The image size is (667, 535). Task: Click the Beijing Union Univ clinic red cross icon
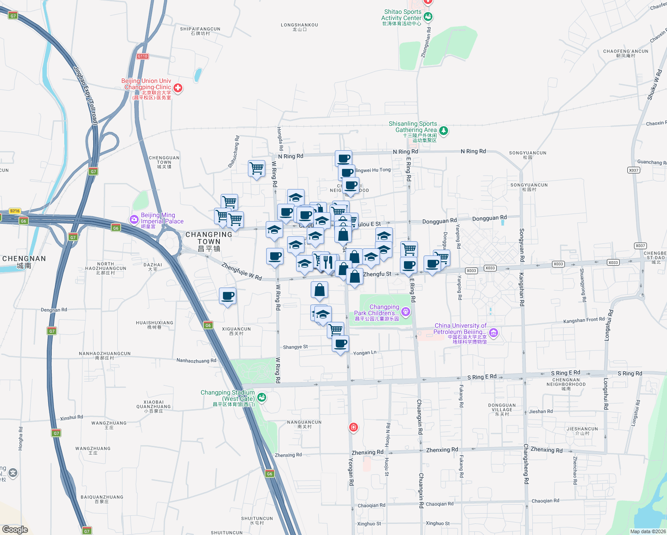point(177,88)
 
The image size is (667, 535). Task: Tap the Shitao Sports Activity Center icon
point(428,17)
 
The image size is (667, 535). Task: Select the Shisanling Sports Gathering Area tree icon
point(443,131)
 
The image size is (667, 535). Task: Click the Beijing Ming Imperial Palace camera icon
point(134,219)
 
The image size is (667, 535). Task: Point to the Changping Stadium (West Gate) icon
point(262,397)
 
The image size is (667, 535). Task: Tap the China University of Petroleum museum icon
point(493,333)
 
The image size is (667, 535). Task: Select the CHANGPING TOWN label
point(209,241)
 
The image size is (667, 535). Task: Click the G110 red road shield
point(143,56)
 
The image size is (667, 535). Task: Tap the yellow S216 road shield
point(15,211)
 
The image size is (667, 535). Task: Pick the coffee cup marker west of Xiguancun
point(227,296)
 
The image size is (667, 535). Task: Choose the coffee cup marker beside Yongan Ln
point(341,344)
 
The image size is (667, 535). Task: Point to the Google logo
point(15,530)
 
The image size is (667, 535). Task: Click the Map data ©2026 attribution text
point(647,531)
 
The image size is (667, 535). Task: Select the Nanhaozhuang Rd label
point(196,361)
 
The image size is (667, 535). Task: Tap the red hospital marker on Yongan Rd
point(354,428)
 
